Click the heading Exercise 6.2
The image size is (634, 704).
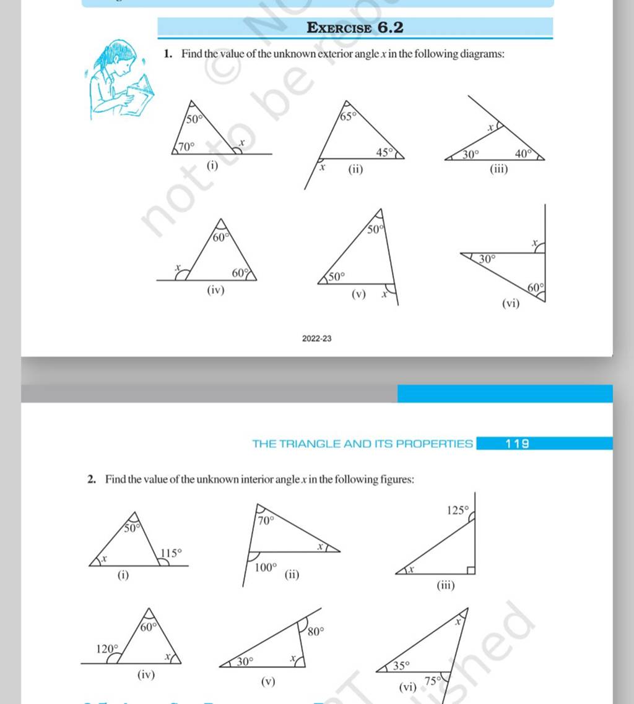pyautogui.click(x=356, y=27)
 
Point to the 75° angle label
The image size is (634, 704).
pyautogui.click(x=432, y=679)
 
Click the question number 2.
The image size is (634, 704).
pyautogui.click(x=90, y=479)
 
